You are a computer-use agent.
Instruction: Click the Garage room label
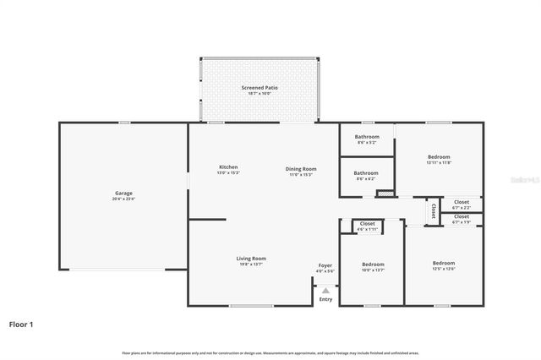[x=123, y=193]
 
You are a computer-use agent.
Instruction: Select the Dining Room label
[x=301, y=169]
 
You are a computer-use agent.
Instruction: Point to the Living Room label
[x=251, y=259]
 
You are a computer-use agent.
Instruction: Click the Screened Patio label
[x=260, y=87]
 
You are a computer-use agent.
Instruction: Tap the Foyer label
[x=325, y=265]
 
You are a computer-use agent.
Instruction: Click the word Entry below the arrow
[x=325, y=298]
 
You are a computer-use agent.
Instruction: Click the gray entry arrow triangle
[x=325, y=289]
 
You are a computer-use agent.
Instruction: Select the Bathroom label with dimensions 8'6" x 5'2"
[x=367, y=137]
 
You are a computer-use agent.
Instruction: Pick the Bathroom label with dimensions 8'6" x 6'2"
[x=367, y=173]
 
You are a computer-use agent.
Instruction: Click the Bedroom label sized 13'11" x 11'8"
[x=439, y=157]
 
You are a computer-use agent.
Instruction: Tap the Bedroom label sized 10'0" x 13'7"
[x=373, y=264]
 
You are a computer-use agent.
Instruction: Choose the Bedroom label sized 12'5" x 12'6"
[x=444, y=263]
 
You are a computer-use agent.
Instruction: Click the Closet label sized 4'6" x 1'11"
[x=367, y=224]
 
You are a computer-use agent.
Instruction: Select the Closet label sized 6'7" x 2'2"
[x=462, y=202]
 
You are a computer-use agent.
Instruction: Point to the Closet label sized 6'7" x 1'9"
[x=462, y=218]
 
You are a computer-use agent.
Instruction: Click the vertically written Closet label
[x=433, y=210]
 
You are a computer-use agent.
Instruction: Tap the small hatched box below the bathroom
[x=385, y=194]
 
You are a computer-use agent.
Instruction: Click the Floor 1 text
[x=22, y=323]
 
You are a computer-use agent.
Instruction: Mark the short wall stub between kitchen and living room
[x=207, y=220]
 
